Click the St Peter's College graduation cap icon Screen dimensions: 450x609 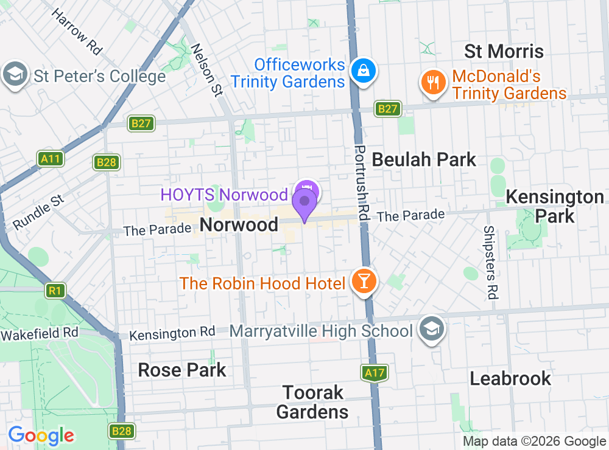coord(15,75)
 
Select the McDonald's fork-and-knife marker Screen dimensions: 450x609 coord(433,83)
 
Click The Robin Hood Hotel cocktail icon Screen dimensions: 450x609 coord(364,282)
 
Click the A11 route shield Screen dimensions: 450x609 coord(51,159)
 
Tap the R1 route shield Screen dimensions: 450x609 coord(55,291)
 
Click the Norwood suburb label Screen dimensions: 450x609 coord(239,224)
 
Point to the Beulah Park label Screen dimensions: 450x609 coord(424,160)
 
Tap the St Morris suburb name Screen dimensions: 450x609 coord(504,51)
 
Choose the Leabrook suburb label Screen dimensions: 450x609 coord(510,378)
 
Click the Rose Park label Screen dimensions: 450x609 coord(182,370)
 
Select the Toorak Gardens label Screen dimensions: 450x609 coord(312,401)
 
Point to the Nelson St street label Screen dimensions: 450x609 coord(207,70)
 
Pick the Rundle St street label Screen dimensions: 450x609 coord(38,212)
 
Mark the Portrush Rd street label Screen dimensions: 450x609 coord(362,182)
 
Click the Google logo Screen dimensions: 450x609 coord(41,435)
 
